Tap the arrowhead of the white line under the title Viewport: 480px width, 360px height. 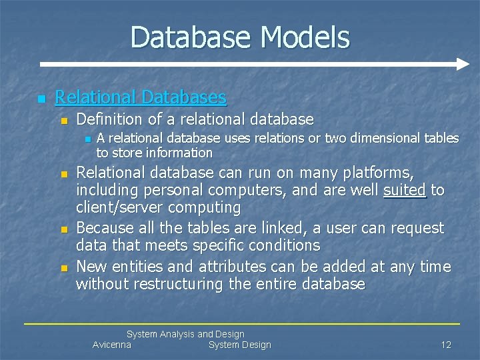464,65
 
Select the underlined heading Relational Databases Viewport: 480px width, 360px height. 141,97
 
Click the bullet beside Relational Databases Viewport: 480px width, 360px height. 41,99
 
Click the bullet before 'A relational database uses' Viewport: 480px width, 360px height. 87,139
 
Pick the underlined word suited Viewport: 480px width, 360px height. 405,191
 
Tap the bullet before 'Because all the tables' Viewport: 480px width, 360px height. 64,229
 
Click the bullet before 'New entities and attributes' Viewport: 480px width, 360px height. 64,268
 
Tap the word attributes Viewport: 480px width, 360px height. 202,267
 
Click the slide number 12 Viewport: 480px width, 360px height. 446,345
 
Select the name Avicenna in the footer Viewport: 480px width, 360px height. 112,345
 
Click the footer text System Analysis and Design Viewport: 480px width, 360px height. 185,334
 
